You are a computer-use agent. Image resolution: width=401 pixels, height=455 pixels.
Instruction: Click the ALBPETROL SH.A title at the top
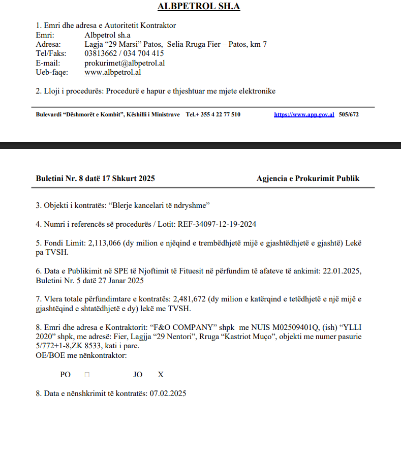(x=199, y=7)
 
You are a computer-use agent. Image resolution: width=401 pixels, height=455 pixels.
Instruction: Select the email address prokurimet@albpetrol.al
(x=125, y=63)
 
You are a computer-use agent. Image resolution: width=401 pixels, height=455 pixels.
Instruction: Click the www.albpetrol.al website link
(x=113, y=72)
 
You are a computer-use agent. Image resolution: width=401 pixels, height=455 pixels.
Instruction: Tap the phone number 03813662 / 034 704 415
(x=124, y=53)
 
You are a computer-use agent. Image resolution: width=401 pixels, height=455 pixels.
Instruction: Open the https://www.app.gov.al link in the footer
(x=304, y=115)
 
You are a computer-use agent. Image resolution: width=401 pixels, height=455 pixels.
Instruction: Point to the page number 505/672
(x=349, y=115)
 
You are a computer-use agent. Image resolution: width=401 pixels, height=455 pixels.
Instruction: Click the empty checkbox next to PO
(x=87, y=375)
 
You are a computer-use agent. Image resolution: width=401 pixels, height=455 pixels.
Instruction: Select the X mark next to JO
(x=161, y=375)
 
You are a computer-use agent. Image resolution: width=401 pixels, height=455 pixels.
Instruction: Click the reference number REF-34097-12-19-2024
(x=221, y=224)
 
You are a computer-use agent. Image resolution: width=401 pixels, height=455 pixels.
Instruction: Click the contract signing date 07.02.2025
(x=168, y=393)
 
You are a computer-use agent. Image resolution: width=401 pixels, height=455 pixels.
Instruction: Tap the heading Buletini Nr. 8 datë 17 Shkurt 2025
(x=96, y=178)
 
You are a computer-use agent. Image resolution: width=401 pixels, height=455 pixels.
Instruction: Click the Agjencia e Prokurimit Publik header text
(x=308, y=178)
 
